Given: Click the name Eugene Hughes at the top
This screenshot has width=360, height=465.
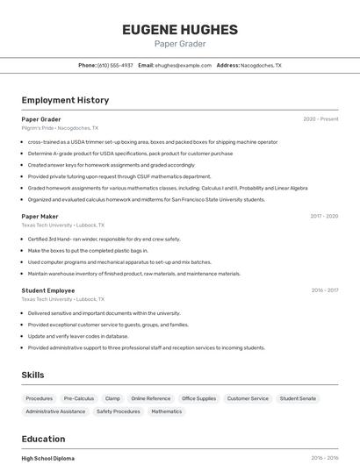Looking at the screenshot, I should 180,30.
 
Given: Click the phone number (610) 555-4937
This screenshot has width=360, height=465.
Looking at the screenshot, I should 115,66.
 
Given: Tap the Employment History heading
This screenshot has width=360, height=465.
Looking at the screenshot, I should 65,101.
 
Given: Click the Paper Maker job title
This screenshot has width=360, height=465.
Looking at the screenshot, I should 40,216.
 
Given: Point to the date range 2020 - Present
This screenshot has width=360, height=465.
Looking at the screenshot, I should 320,119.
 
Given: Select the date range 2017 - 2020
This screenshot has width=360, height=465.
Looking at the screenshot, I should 323,216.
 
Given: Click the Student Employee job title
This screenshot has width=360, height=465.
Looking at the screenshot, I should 48,290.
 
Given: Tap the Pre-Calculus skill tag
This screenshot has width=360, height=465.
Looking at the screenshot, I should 79,398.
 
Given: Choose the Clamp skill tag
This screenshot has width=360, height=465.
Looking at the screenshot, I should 112,398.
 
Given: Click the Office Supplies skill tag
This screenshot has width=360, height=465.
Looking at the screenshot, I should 198,398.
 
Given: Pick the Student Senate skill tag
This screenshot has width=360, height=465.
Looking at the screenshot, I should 298,398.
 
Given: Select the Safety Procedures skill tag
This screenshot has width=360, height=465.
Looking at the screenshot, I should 118,411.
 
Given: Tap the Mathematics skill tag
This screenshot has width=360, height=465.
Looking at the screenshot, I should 166,411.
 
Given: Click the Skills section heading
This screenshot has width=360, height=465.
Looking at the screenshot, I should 32,376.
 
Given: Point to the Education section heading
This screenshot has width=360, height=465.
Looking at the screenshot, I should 43,440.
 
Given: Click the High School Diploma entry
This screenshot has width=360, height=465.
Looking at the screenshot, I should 48,458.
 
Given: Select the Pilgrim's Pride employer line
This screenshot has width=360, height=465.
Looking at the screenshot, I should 60,128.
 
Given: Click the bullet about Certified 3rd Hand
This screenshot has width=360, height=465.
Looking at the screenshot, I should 104,239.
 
